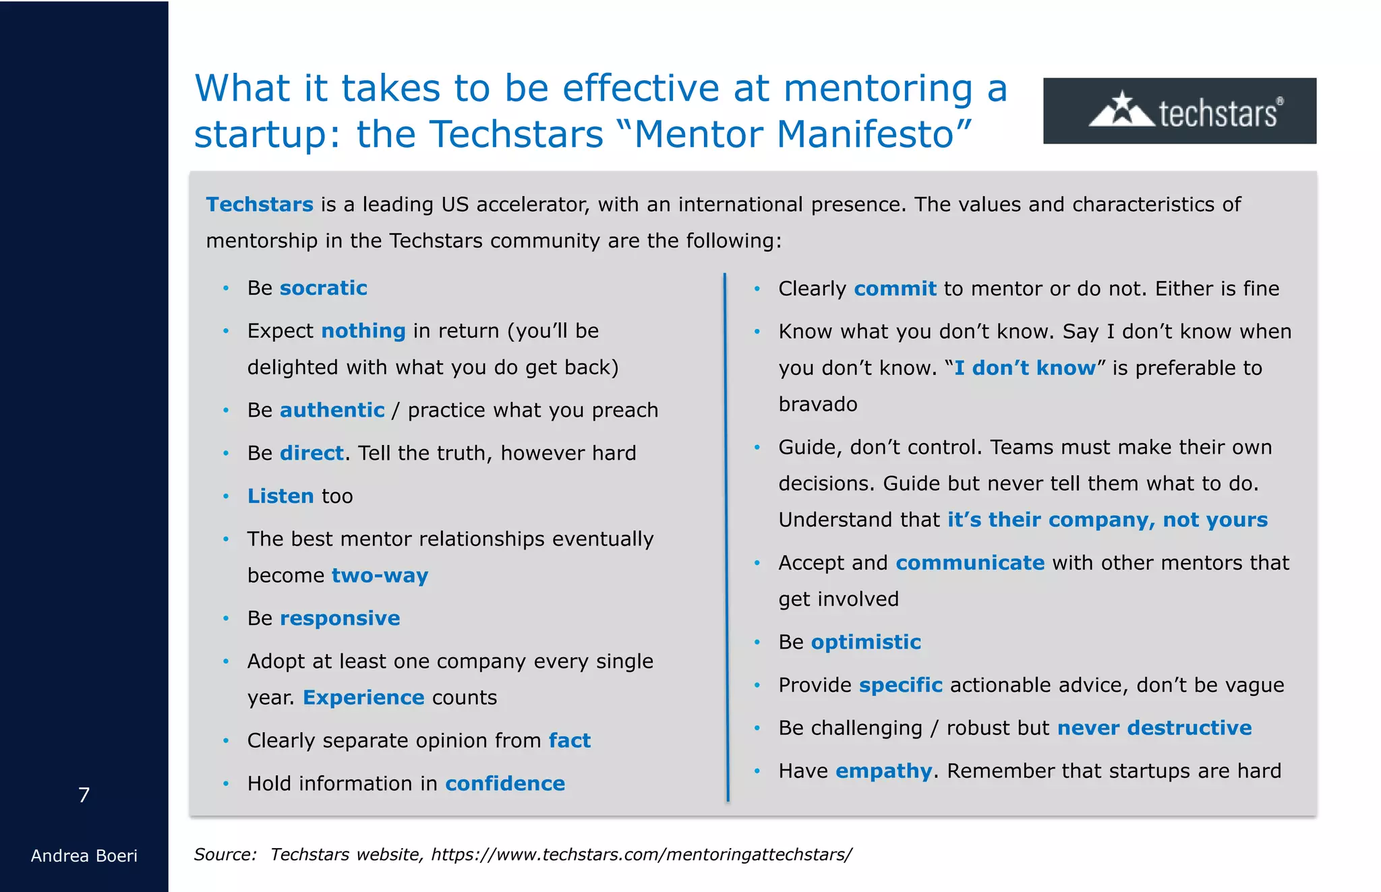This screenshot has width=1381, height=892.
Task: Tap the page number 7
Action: coord(84,795)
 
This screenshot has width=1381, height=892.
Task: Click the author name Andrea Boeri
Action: coord(84,856)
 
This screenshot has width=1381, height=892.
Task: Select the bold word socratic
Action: coord(323,288)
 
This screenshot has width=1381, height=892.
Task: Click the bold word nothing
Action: coord(363,330)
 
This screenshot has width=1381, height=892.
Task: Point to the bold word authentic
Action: coord(332,410)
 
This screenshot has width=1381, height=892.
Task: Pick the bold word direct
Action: coord(312,453)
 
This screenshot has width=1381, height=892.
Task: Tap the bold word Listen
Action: coord(281,496)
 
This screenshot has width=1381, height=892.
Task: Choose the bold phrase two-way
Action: coord(380,575)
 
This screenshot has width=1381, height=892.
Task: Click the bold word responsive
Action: coord(340,618)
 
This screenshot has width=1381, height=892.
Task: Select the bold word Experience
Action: coord(363,697)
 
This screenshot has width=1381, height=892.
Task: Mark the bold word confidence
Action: coord(505,783)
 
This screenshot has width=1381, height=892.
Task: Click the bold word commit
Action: coord(895,289)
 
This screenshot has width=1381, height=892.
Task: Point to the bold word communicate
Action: coord(970,563)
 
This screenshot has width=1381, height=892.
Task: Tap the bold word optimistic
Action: coord(866,642)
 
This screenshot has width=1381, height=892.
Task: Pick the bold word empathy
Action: coord(883,771)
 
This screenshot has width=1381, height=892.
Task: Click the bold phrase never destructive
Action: coord(1154,728)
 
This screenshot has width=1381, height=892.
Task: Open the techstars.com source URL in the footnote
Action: coord(641,855)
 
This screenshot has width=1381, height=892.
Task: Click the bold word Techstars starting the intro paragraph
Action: coord(260,204)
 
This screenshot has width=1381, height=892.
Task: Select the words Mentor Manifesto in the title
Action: coord(794,134)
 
